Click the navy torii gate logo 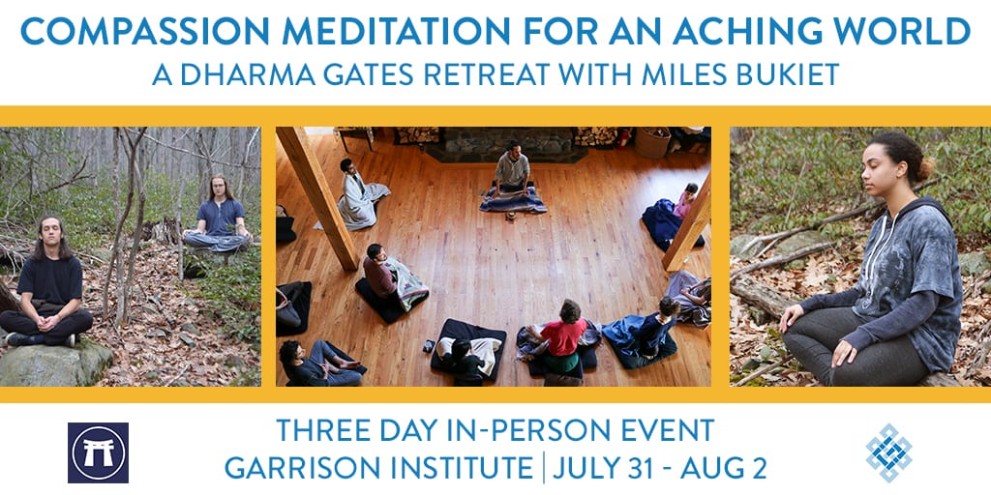tap(98, 452)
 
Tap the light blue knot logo tap(888, 452)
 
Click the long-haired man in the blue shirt tap(218, 215)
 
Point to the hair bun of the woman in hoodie tap(926, 168)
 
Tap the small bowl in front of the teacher tap(509, 216)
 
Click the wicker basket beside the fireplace tap(653, 142)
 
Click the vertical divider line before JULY tap(543, 469)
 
